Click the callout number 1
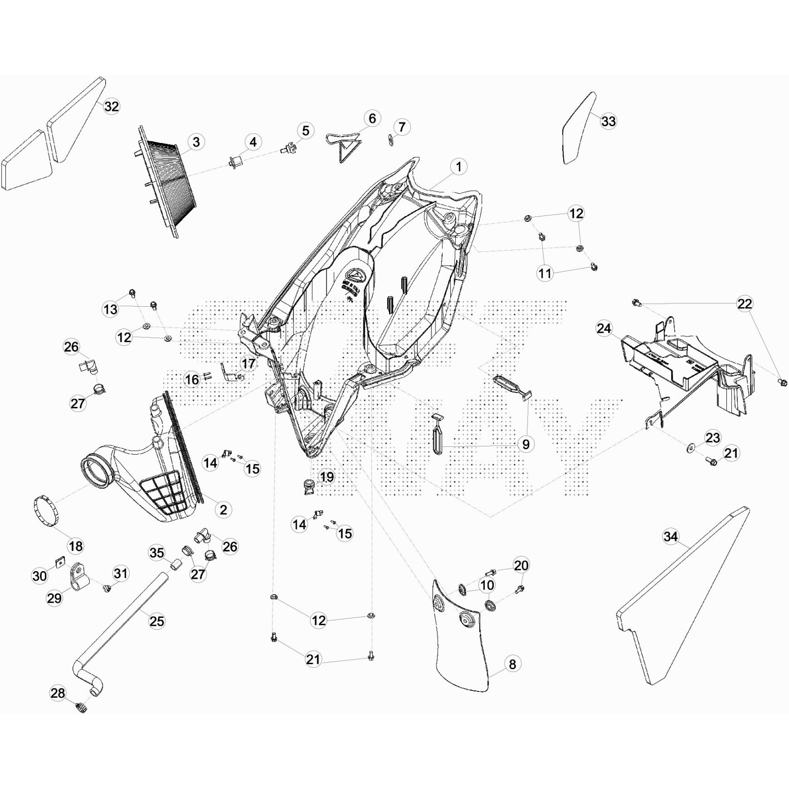[x=459, y=167]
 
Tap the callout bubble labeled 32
[x=111, y=107]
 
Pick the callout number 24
[x=604, y=328]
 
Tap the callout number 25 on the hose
[x=157, y=621]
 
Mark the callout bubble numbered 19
[x=327, y=477]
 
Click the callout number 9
[x=526, y=444]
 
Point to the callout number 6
[x=372, y=118]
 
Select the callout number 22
[x=745, y=304]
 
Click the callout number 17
[x=249, y=364]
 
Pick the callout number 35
[x=157, y=553]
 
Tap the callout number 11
[x=545, y=273]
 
